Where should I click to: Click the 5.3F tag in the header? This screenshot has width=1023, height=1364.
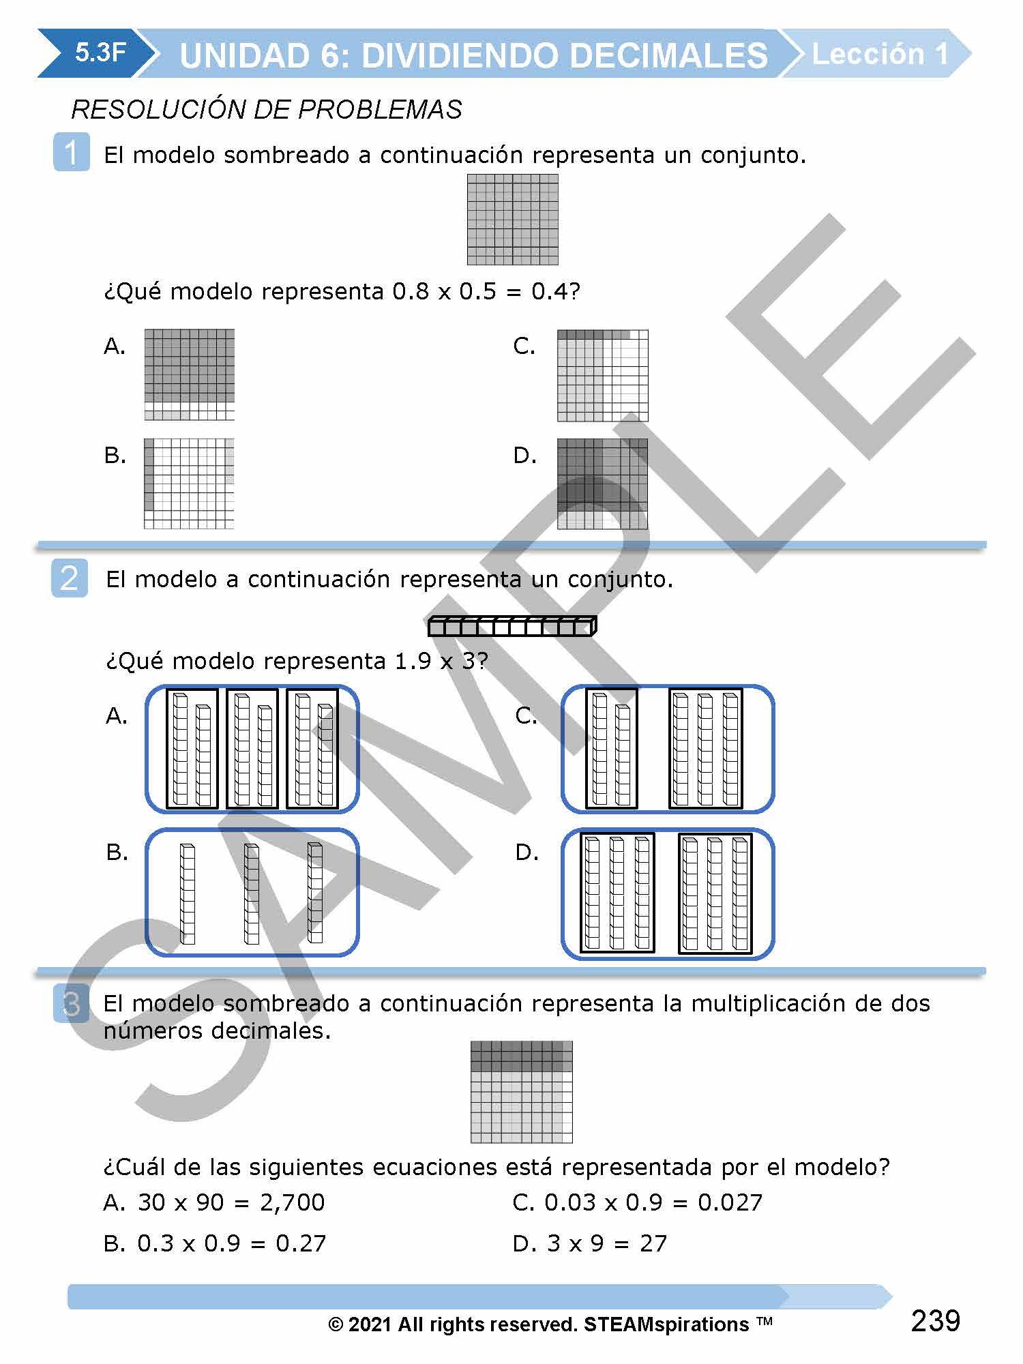pyautogui.click(x=100, y=53)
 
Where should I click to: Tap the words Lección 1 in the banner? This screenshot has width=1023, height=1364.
pyautogui.click(x=880, y=54)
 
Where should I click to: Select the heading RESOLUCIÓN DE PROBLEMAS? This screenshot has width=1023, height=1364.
pyautogui.click(x=267, y=109)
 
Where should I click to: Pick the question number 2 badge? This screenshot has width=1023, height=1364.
pyautogui.click(x=70, y=578)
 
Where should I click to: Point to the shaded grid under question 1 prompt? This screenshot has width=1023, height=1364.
pyautogui.click(x=512, y=220)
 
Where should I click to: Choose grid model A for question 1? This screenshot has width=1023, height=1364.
pyautogui.click(x=189, y=374)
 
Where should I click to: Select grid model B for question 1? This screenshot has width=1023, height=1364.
pyautogui.click(x=189, y=484)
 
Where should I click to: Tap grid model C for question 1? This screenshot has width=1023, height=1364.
pyautogui.click(x=602, y=376)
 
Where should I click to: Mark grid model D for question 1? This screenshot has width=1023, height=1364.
pyautogui.click(x=602, y=484)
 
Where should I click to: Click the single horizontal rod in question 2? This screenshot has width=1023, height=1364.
pyautogui.click(x=512, y=626)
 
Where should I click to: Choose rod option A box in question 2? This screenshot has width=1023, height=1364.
pyautogui.click(x=252, y=749)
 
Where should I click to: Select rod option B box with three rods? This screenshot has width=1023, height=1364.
pyautogui.click(x=252, y=892)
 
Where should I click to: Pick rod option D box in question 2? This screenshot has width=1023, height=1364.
pyautogui.click(x=667, y=893)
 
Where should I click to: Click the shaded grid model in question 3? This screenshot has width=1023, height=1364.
pyautogui.click(x=521, y=1092)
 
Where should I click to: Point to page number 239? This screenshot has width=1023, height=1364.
pyautogui.click(x=935, y=1321)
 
